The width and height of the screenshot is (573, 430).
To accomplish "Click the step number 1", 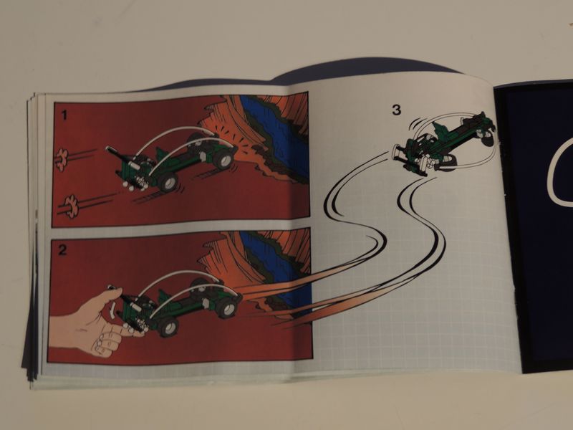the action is click(64, 115).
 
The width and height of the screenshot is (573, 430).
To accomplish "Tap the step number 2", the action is click(62, 250).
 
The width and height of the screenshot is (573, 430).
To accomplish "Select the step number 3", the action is click(397, 110).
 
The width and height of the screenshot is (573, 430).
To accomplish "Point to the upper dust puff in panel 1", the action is click(63, 159).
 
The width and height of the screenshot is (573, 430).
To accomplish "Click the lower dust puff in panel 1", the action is click(71, 206).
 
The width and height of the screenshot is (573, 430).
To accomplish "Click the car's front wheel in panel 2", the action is click(168, 327).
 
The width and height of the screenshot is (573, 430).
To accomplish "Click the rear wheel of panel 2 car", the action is click(226, 307).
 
